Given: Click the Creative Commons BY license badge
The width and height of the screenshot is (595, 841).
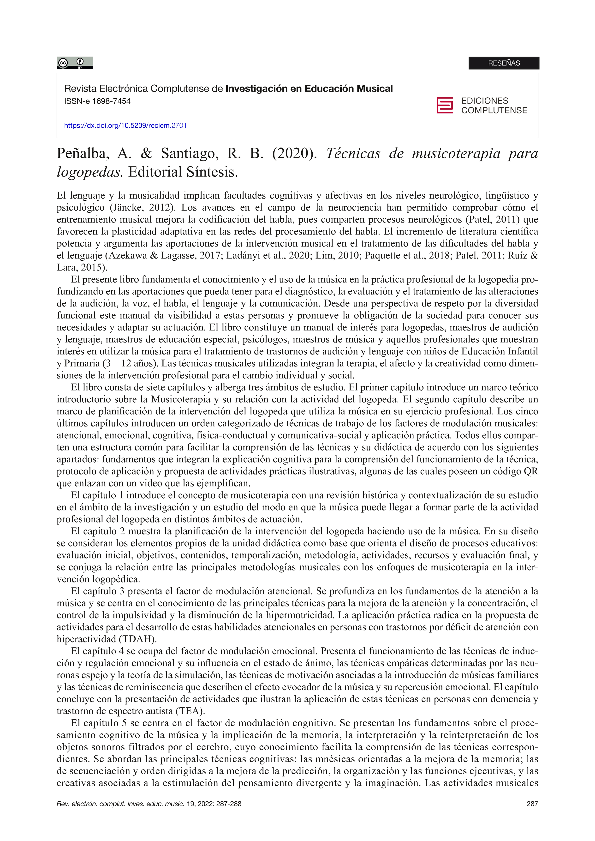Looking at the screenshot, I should click(75, 63).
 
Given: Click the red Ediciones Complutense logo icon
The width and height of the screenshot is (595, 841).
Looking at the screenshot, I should click(444, 106).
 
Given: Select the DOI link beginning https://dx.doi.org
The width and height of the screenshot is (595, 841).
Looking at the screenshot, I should click(125, 126).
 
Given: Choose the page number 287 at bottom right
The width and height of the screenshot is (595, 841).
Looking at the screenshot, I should click(532, 804).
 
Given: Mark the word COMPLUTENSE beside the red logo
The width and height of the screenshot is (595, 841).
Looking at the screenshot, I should click(494, 111).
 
